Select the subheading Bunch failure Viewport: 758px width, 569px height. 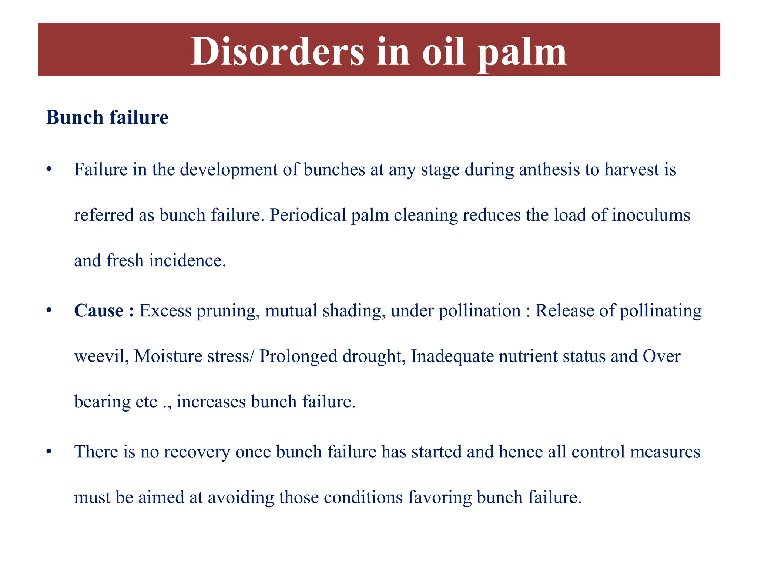pos(107,117)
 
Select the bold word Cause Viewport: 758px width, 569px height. pos(98,310)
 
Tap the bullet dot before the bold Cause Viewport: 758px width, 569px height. pos(48,310)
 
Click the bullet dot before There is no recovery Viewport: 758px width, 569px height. pos(48,452)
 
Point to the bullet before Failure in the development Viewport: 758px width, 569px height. pos(48,170)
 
